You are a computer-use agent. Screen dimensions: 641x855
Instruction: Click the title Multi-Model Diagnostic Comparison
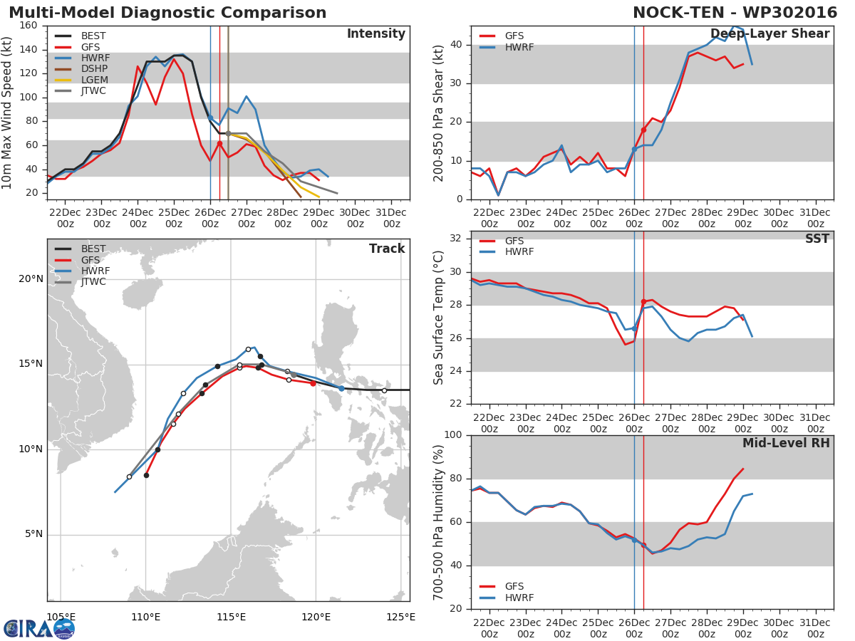pyautogui.click(x=167, y=13)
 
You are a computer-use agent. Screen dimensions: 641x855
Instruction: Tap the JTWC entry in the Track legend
pyautogui.click(x=93, y=281)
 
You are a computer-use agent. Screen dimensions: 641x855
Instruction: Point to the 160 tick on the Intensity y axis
pyautogui.click(x=29, y=26)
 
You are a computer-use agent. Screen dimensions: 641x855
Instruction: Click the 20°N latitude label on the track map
pyautogui.click(x=31, y=278)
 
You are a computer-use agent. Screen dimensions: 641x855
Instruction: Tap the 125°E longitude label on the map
pyautogui.click(x=401, y=617)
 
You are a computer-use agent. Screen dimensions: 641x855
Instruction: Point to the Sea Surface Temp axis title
pyautogui.click(x=439, y=318)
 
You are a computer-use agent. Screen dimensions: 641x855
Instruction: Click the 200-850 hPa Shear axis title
pyautogui.click(x=439, y=113)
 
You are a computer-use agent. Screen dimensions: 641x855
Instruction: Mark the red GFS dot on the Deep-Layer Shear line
pyautogui.click(x=643, y=130)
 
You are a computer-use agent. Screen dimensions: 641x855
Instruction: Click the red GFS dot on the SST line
pyautogui.click(x=643, y=301)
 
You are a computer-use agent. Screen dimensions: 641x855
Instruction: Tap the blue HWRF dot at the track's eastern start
pyautogui.click(x=341, y=388)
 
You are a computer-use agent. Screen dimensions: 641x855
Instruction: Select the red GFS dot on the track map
pyautogui.click(x=313, y=383)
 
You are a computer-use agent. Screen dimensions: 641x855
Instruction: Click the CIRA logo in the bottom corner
pyautogui.click(x=39, y=628)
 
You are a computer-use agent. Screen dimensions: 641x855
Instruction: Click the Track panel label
pyautogui.click(x=386, y=249)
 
